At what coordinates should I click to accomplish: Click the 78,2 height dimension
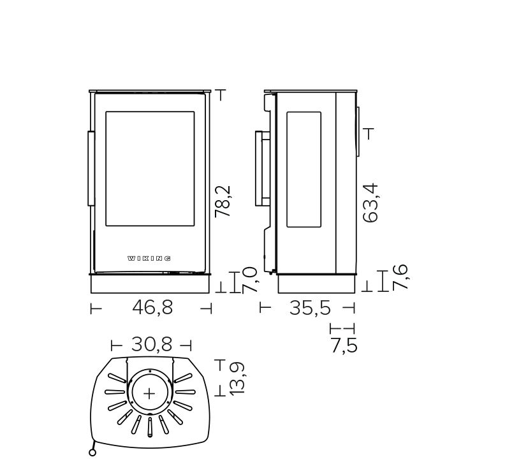click(223, 201)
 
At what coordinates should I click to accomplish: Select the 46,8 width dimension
click(152, 307)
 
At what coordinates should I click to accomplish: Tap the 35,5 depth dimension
click(310, 308)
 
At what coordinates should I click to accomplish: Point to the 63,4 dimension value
click(370, 203)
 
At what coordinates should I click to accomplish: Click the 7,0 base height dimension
click(249, 280)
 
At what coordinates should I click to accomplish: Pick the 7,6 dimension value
click(400, 277)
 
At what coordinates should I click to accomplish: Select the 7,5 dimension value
click(344, 345)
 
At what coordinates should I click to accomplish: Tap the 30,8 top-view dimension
click(152, 344)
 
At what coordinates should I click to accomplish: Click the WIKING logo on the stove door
click(149, 258)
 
